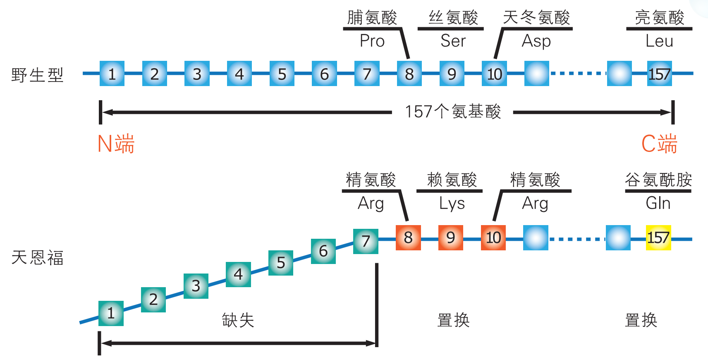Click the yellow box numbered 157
coord(658,238)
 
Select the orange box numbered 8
coord(408,238)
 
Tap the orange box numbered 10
coord(493,238)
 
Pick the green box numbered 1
coord(111,313)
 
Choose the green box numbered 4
coord(238,274)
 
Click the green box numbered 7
coord(366,241)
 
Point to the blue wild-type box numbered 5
coord(282,74)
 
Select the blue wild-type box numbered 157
coord(659,74)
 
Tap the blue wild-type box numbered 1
coord(112,74)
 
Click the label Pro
coord(372,41)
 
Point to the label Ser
coord(453,41)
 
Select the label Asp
coord(536,41)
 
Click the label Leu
coord(659,41)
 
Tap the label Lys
coord(452,204)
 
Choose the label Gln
coord(658,203)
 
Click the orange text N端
coord(116,144)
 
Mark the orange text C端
coord(659,144)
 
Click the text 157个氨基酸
coord(452,112)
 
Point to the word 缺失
coord(238,320)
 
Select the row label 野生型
coord(37,75)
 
